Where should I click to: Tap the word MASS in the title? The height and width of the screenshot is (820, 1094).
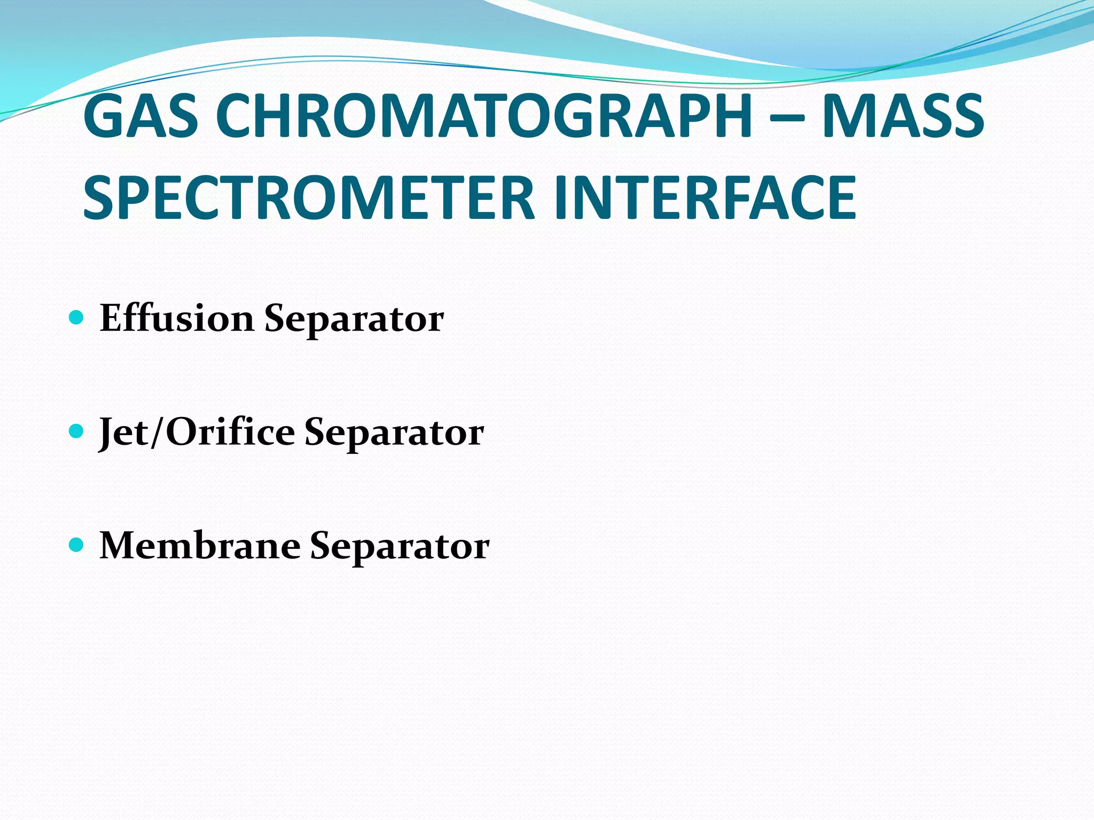(x=903, y=117)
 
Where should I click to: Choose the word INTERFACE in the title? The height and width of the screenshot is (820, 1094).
(x=705, y=198)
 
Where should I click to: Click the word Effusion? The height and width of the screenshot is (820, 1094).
(x=177, y=318)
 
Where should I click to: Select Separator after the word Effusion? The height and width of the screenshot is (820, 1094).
(x=354, y=319)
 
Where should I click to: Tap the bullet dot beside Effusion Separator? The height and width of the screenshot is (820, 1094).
(x=77, y=318)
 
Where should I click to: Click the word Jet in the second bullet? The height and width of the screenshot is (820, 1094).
(x=124, y=432)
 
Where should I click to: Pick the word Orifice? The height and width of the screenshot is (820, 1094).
(x=230, y=431)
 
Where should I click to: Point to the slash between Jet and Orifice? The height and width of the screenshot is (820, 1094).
(x=157, y=432)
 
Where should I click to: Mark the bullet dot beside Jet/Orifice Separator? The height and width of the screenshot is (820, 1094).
(x=77, y=431)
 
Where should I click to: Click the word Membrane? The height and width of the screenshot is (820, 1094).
(x=200, y=546)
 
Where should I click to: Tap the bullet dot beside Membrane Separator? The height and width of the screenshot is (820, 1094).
(x=77, y=545)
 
